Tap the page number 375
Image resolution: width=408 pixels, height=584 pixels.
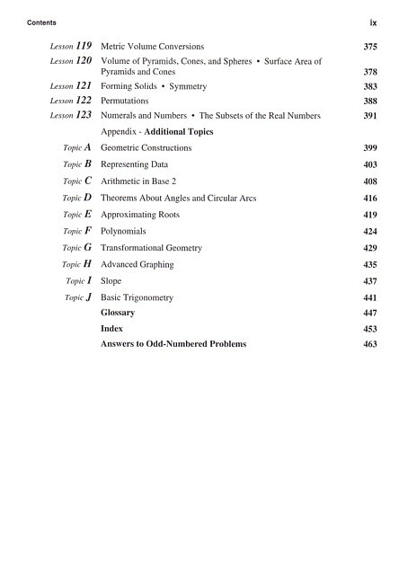tap(369, 46)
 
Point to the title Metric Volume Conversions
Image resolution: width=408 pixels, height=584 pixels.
tap(152, 46)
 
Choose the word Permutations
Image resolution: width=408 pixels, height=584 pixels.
tap(127, 102)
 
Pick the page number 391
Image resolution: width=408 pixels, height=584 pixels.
tap(369, 116)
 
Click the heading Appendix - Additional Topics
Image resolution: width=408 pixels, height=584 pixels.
tap(156, 131)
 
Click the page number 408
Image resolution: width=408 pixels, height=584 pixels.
tap(369, 182)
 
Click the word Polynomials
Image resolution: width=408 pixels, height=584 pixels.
tap(123, 231)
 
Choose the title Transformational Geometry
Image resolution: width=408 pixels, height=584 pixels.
tap(151, 247)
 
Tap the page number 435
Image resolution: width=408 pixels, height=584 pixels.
tap(369, 265)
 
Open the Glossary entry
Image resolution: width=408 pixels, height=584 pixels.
tap(118, 313)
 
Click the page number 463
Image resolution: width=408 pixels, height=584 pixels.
tap(369, 344)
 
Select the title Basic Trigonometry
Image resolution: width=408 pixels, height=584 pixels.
tap(137, 297)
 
